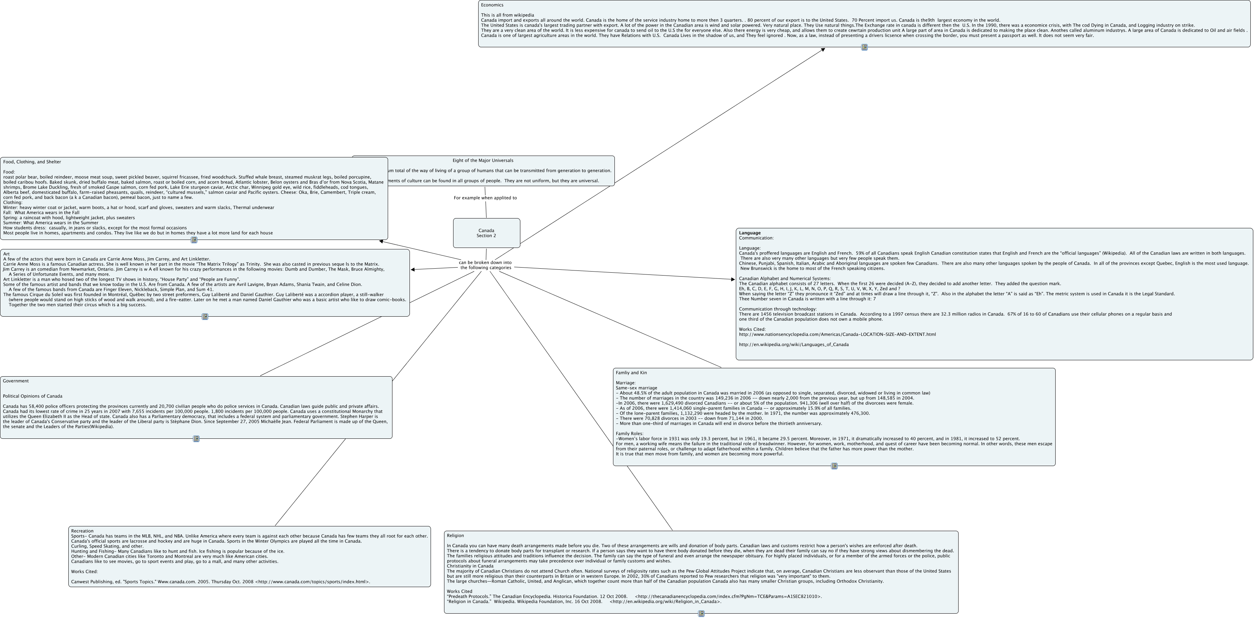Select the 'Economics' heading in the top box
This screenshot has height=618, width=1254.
point(492,5)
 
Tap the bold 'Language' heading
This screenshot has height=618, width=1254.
point(749,233)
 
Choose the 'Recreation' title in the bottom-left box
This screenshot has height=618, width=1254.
point(82,531)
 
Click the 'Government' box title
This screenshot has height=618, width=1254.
point(16,381)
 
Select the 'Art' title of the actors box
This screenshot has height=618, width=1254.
point(6,254)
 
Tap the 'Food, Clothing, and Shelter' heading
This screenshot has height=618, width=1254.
point(32,162)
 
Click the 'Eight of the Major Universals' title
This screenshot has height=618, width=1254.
point(483,160)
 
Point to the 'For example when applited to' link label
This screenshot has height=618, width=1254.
point(485,198)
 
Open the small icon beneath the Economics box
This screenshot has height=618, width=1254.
point(864,47)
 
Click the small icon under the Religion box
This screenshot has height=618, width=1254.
point(701,614)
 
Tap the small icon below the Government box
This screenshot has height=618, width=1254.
point(196,439)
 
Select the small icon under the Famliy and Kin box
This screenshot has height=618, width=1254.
point(834,466)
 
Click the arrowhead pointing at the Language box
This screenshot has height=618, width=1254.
point(733,280)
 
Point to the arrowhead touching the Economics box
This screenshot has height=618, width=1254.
point(822,49)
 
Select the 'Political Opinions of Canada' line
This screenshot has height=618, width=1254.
point(33,396)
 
